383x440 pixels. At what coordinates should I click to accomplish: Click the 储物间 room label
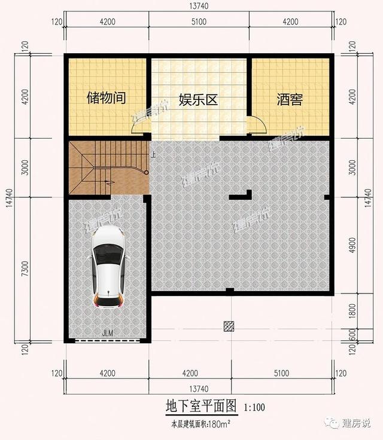[x=106, y=98]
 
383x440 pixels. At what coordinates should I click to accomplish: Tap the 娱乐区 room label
[x=197, y=100]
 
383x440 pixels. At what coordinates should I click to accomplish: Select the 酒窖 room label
[x=289, y=99]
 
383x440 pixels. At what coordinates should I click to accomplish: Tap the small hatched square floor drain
[x=229, y=325]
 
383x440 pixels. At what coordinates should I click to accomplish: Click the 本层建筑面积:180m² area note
[x=200, y=425]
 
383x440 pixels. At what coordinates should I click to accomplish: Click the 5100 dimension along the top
[x=197, y=22]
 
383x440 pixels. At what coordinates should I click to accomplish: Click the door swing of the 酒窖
[x=257, y=124]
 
